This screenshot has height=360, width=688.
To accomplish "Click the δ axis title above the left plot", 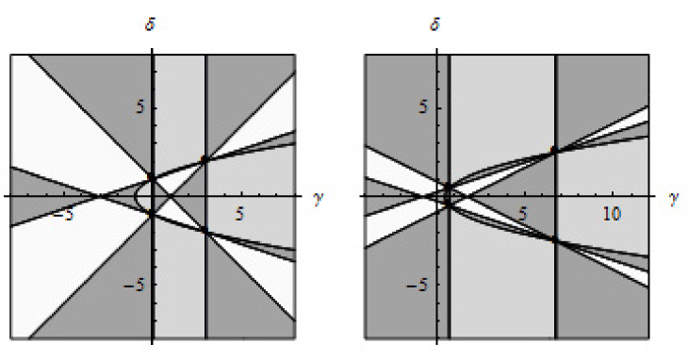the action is pyautogui.click(x=151, y=23).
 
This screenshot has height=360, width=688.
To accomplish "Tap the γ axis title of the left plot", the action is pyautogui.click(x=317, y=198).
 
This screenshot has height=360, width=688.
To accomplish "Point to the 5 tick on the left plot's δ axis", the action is pyautogui.click(x=134, y=107).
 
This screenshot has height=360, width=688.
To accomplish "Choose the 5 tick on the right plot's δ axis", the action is pyautogui.click(x=421, y=107).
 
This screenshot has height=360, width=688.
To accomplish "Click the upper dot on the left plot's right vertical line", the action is pyautogui.click(x=205, y=158).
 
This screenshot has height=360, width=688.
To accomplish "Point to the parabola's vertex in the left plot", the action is pyautogui.click(x=136, y=196).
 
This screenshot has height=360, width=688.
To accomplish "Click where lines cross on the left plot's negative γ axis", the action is pyautogui.click(x=98, y=196).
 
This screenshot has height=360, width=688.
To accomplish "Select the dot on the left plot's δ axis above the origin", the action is pyautogui.click(x=151, y=176).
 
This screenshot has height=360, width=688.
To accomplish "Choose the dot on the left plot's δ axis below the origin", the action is pyautogui.click(x=151, y=214).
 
